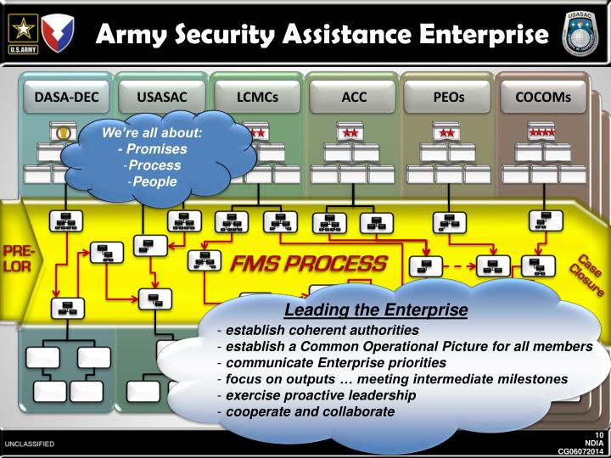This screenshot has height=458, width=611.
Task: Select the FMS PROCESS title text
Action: click(x=310, y=263)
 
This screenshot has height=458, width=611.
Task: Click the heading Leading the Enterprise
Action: click(x=376, y=311)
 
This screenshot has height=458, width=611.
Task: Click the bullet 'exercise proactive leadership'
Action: click(x=309, y=395)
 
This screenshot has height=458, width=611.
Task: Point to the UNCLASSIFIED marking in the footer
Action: click(x=29, y=443)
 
